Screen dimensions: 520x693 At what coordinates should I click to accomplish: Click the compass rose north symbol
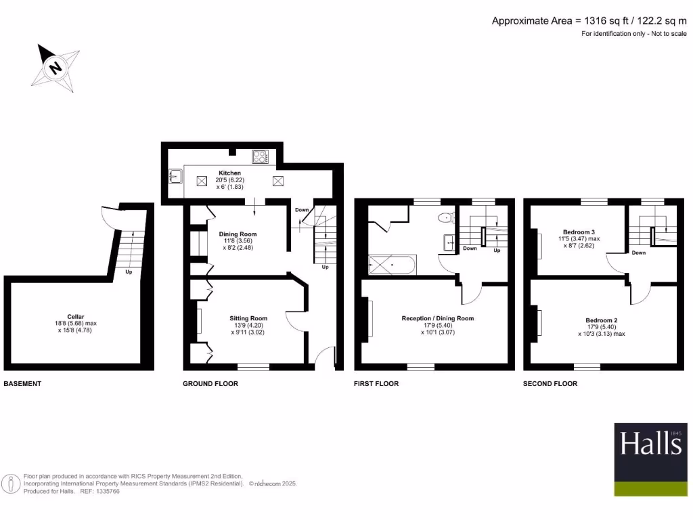(54, 67)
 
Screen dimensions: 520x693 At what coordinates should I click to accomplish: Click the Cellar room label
(76, 316)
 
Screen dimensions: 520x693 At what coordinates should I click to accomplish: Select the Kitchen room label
(229, 173)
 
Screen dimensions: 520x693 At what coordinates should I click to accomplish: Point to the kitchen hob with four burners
(260, 156)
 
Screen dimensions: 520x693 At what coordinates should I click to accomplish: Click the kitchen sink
(175, 177)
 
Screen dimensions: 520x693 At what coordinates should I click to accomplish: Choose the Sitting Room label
(248, 318)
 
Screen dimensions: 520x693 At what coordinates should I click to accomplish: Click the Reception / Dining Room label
(437, 318)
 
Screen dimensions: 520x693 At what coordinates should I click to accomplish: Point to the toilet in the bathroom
(445, 217)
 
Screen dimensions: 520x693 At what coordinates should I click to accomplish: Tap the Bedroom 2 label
(601, 320)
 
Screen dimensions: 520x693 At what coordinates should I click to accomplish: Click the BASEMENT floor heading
(22, 384)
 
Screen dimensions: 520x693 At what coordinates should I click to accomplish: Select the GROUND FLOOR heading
(210, 384)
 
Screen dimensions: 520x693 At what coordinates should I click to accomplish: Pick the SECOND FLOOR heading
(550, 384)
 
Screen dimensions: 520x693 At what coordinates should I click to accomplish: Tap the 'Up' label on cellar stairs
(128, 272)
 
